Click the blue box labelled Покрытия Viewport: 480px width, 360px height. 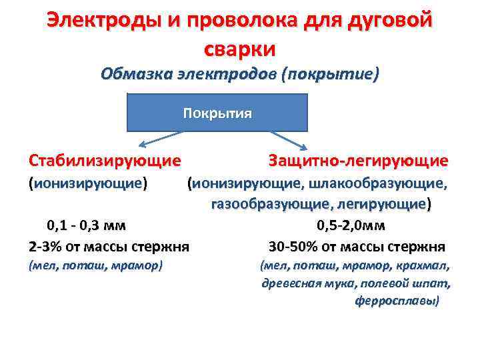(217, 112)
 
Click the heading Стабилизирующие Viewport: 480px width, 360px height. (105, 161)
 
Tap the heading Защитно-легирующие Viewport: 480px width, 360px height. (358, 161)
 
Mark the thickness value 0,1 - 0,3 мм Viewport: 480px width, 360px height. (86, 225)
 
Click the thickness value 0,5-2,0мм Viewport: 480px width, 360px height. (356, 225)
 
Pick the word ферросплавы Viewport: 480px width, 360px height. (397, 301)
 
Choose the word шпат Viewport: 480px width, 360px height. (436, 283)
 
